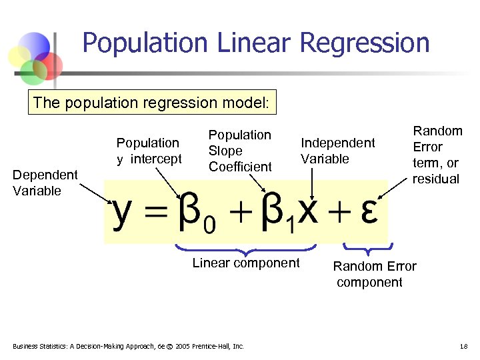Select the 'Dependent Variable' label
pyautogui.click(x=45, y=183)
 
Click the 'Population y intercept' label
pyautogui.click(x=148, y=151)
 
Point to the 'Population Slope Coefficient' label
pyautogui.click(x=240, y=151)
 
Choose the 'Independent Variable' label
pyautogui.click(x=337, y=151)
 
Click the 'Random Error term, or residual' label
pyautogui.click(x=437, y=155)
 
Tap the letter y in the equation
pyautogui.click(x=121, y=212)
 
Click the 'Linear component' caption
pyautogui.click(x=246, y=263)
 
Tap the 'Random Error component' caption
pyautogui.click(x=374, y=274)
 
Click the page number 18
pyautogui.click(x=464, y=346)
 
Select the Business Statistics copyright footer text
pyautogui.click(x=129, y=346)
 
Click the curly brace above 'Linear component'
pyautogui.click(x=247, y=251)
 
